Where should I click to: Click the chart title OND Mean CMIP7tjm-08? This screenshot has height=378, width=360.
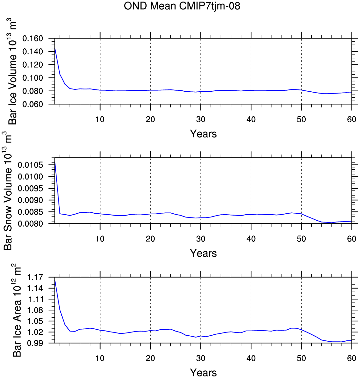click(x=182, y=6)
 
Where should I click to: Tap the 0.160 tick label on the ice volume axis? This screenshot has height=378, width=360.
click(x=33, y=38)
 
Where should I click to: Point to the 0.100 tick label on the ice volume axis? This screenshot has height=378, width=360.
click(x=33, y=78)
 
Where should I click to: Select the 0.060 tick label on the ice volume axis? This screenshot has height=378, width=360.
click(x=33, y=104)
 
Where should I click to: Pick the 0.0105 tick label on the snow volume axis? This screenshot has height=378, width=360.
click(x=30, y=165)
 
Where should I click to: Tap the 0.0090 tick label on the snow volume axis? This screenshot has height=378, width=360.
click(x=30, y=200)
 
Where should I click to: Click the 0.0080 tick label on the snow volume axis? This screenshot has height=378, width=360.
click(x=30, y=224)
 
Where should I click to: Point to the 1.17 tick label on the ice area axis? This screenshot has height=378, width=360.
click(x=35, y=277)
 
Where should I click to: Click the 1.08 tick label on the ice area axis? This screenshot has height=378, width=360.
click(x=35, y=310)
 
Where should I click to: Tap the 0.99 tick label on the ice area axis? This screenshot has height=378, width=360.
click(x=35, y=343)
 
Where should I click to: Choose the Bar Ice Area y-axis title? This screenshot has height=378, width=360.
click(x=16, y=310)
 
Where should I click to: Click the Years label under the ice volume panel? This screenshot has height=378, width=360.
click(x=203, y=134)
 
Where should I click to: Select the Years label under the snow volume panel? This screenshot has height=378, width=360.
click(x=203, y=253)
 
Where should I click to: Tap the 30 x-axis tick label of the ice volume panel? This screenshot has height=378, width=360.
click(x=201, y=119)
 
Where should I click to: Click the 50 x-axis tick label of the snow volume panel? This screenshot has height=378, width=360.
click(x=302, y=239)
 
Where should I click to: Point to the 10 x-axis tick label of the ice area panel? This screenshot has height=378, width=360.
click(x=100, y=358)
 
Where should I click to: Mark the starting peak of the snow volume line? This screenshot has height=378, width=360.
click(x=55, y=161)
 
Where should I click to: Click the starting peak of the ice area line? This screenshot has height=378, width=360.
click(x=55, y=280)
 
